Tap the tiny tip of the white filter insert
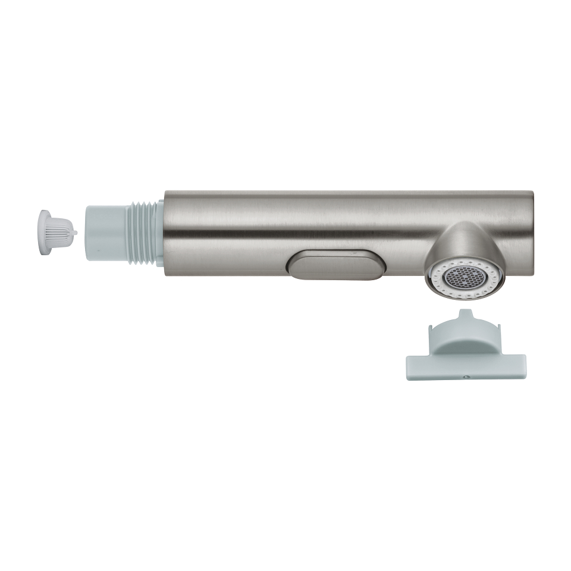click(75, 232)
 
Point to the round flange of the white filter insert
click(45, 231)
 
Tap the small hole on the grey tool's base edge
click(466, 376)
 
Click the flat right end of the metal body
click(529, 232)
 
